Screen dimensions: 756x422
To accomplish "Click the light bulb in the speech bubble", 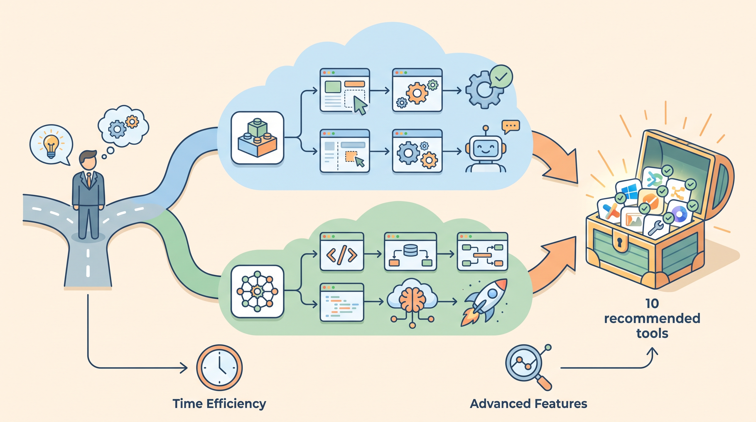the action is [x=51, y=146].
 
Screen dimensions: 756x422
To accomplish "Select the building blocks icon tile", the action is [x=257, y=138].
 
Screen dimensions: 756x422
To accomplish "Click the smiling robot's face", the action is [x=486, y=149].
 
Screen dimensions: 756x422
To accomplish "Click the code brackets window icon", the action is [x=342, y=252].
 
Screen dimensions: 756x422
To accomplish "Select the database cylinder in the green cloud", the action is [x=411, y=250].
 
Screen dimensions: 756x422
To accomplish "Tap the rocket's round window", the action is [x=493, y=293].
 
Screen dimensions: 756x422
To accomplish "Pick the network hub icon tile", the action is [x=257, y=291].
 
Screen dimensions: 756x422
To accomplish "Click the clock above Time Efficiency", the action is [x=219, y=368].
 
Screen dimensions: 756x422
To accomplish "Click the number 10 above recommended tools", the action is [x=652, y=303].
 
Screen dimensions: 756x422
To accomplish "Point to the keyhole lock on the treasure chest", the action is [x=620, y=241].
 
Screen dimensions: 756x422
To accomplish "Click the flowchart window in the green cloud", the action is [x=482, y=252].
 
